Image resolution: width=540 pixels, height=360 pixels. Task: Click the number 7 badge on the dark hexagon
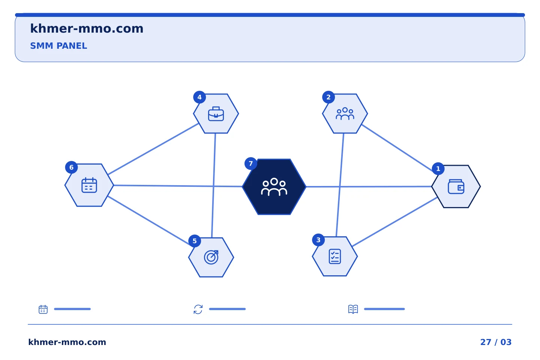(251, 163)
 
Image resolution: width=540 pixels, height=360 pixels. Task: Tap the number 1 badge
(438, 168)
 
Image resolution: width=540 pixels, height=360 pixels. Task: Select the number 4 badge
(199, 97)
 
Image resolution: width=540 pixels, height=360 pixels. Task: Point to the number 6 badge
(71, 167)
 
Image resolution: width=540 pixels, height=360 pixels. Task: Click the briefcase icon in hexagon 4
(216, 114)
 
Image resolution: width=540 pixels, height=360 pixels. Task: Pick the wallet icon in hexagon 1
(456, 187)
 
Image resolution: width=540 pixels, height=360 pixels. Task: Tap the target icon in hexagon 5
(211, 257)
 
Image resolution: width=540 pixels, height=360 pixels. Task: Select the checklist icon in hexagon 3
(334, 256)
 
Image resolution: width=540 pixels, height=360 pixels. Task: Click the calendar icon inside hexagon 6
(89, 185)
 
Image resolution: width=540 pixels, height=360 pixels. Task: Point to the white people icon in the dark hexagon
(274, 187)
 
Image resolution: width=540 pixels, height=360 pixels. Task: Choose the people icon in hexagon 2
(345, 114)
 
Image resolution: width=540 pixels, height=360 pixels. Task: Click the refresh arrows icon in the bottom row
(198, 309)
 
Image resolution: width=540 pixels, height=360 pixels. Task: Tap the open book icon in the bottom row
(353, 309)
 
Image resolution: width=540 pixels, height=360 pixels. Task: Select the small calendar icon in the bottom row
(43, 309)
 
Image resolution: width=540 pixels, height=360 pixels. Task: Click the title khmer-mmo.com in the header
(87, 28)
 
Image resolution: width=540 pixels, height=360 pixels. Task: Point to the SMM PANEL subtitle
(58, 46)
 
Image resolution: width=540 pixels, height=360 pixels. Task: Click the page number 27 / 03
(496, 342)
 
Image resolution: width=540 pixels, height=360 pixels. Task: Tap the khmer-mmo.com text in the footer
(67, 342)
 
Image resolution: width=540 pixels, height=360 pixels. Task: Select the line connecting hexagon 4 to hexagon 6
(153, 149)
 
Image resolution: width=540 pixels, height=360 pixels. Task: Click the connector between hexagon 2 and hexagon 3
(340, 185)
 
